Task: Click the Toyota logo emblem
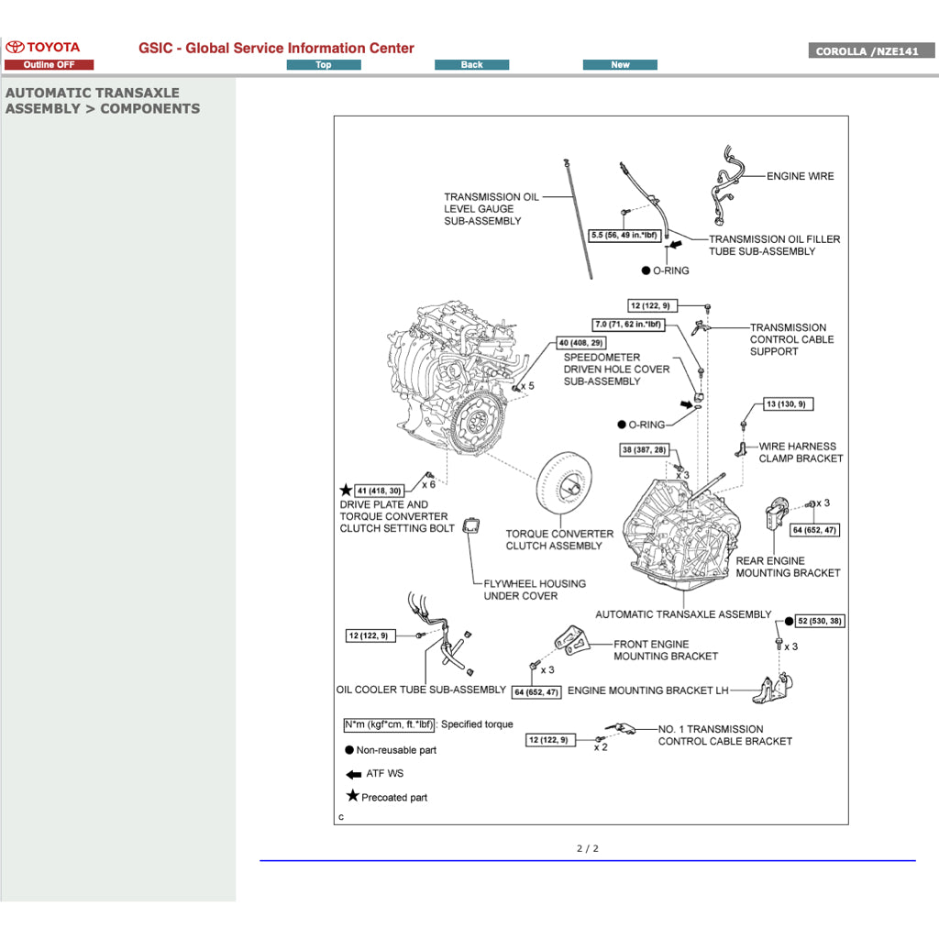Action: click(16, 47)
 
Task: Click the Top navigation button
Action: click(324, 65)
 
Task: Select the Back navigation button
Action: click(471, 65)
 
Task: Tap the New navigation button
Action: click(620, 65)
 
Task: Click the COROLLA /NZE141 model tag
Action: click(871, 51)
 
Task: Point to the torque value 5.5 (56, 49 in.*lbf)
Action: click(624, 236)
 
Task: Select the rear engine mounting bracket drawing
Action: click(779, 522)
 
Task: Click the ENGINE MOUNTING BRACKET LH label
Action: click(647, 690)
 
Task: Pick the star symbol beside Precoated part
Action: click(352, 796)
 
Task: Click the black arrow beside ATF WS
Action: click(353, 774)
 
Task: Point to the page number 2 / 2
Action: click(588, 848)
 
